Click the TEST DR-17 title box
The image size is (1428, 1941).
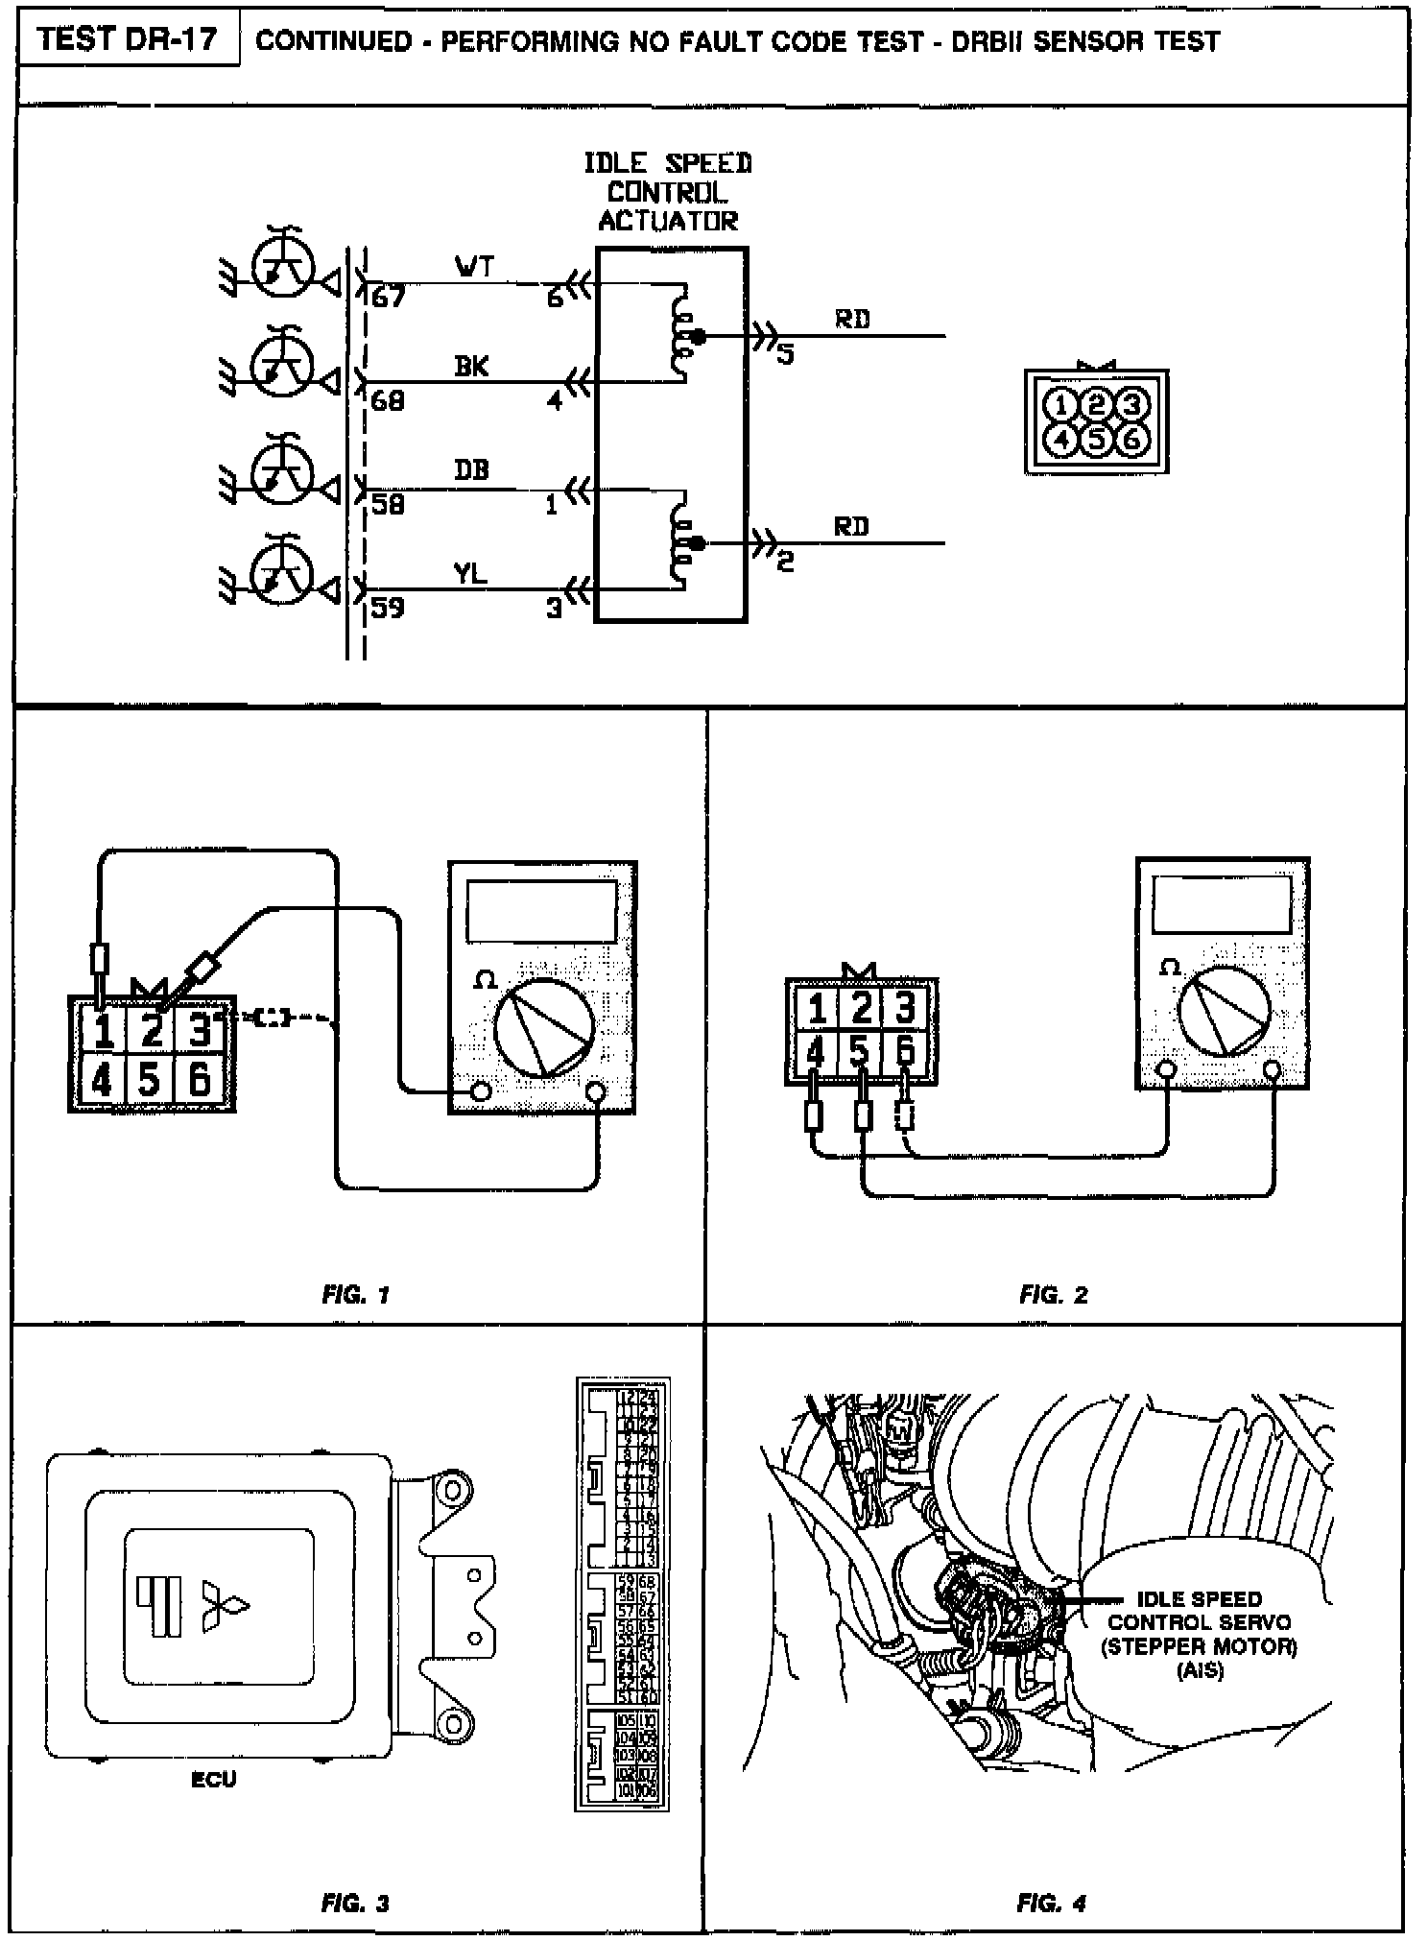point(128,40)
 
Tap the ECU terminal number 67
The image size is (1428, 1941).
point(388,298)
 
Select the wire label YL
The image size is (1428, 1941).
point(470,574)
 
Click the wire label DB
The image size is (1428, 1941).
point(471,469)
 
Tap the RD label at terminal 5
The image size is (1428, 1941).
point(851,319)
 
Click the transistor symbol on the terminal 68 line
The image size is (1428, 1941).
point(282,367)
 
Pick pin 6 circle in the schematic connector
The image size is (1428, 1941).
point(1132,440)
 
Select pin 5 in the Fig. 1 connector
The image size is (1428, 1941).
point(150,1080)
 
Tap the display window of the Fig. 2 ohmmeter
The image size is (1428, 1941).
point(1222,904)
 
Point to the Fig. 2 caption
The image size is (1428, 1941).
point(1053,1295)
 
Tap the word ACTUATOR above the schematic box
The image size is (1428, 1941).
point(668,221)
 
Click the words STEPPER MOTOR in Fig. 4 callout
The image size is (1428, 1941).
point(1199,1646)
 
